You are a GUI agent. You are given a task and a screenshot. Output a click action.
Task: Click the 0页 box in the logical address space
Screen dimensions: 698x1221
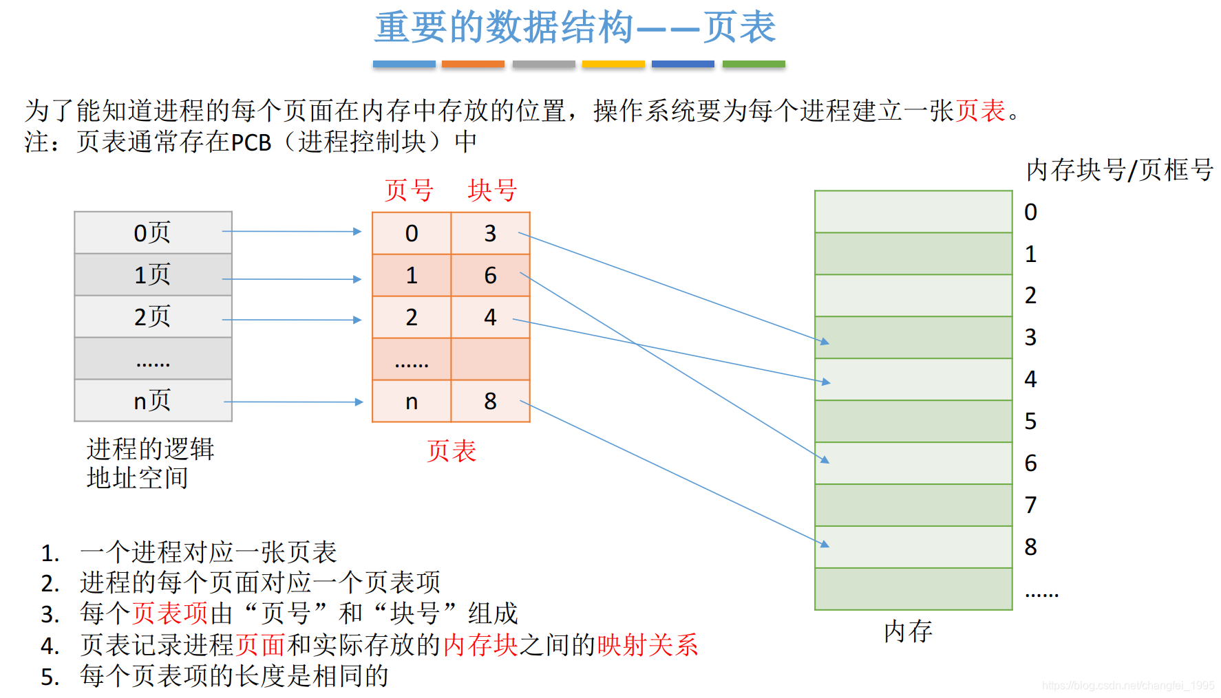(x=153, y=232)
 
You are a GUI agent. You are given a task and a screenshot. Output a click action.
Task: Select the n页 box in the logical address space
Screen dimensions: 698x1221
(x=153, y=400)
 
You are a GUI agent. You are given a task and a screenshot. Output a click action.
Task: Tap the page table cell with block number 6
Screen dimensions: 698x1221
(x=490, y=275)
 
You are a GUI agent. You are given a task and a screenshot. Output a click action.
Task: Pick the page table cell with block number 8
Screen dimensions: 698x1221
(x=490, y=401)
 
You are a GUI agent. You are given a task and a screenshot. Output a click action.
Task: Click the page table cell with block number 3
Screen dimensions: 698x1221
(x=490, y=233)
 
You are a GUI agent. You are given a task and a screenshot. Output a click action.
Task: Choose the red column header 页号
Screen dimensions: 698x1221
(x=409, y=190)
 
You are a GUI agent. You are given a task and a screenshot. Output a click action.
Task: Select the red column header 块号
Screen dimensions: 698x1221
(x=492, y=190)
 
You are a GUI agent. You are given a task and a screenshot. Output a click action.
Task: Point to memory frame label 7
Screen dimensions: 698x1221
(x=1030, y=505)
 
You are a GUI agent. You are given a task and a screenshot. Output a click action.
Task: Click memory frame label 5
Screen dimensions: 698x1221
(x=1030, y=422)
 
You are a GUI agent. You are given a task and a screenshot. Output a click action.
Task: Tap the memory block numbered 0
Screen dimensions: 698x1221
(x=913, y=212)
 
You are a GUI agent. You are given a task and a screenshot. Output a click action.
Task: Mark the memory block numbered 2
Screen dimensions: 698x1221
(x=913, y=296)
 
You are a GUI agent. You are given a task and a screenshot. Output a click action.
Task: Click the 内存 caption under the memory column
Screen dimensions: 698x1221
(x=908, y=631)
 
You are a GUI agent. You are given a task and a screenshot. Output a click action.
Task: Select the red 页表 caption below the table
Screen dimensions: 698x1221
(x=452, y=451)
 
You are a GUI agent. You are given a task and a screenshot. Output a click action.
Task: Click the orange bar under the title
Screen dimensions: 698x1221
(x=473, y=64)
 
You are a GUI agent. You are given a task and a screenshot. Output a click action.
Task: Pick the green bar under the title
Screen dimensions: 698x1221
(x=754, y=64)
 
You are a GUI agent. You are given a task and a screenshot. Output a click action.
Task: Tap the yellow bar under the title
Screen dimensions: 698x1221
(x=613, y=64)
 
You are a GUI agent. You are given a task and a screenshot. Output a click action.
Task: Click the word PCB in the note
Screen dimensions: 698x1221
(x=251, y=142)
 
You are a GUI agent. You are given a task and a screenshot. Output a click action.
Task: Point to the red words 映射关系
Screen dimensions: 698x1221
(x=648, y=645)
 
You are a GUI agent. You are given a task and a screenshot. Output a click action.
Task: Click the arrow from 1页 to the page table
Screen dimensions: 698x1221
(x=292, y=279)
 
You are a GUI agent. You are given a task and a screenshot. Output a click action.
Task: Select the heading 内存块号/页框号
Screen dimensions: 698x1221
(x=1119, y=170)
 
